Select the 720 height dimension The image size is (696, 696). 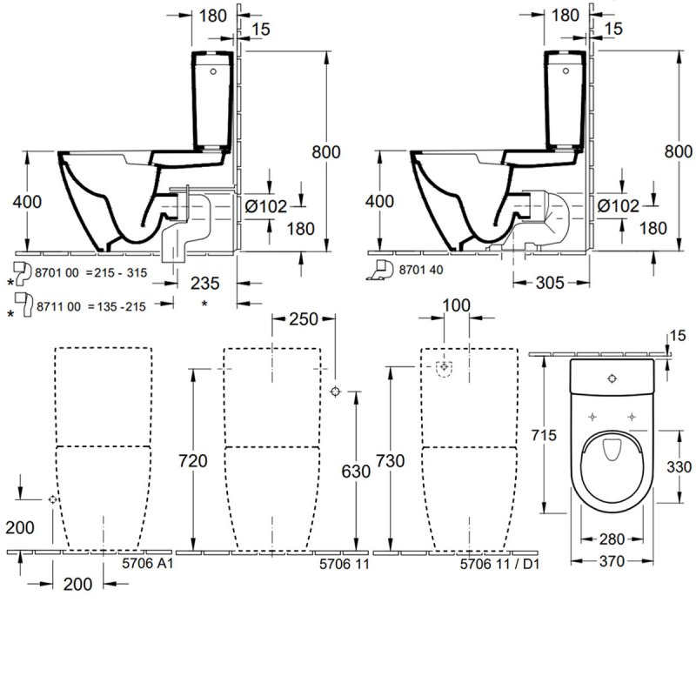point(193,460)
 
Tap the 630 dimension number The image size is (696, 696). point(356,471)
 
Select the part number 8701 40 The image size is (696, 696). point(422,270)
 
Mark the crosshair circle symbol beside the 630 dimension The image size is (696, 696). point(337,392)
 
